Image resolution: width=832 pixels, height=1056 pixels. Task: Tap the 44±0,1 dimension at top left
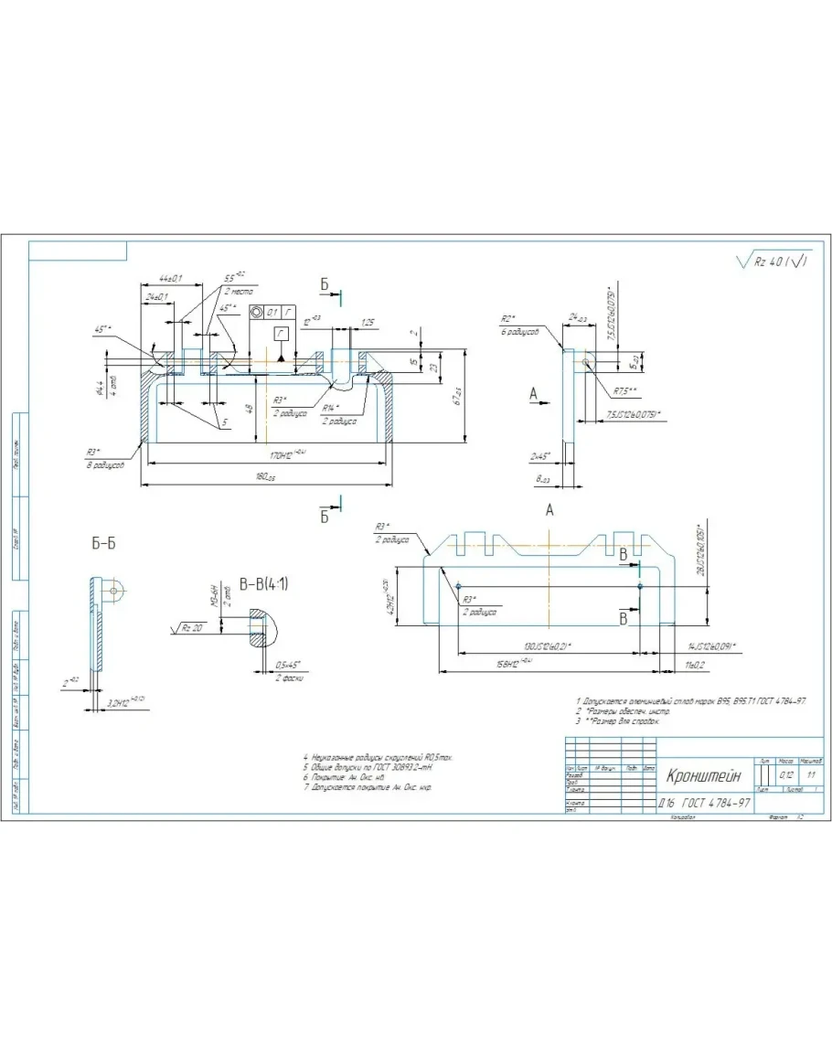pos(170,278)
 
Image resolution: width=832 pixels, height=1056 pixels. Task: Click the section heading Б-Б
pos(103,543)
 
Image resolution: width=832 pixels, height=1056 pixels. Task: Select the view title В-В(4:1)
pos(263,584)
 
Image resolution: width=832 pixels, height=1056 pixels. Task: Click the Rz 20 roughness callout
pos(193,627)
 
